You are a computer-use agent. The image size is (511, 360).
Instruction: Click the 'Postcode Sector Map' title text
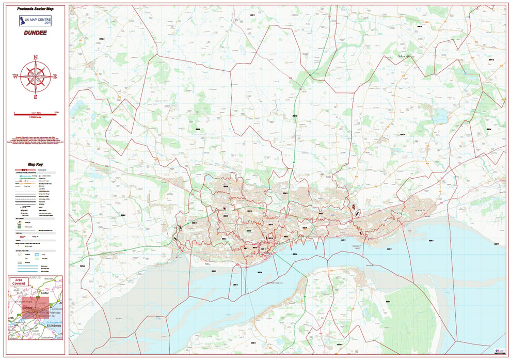tap(35, 9)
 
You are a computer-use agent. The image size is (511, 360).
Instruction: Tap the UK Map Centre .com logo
tap(35, 21)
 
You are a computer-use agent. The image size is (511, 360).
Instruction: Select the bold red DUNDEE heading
tap(35, 33)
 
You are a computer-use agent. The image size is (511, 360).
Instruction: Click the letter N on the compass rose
tap(35, 57)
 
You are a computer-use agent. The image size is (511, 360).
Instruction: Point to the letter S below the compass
tap(35, 97)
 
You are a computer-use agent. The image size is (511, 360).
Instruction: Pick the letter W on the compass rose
tap(15, 76)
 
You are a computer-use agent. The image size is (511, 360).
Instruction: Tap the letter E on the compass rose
tap(55, 76)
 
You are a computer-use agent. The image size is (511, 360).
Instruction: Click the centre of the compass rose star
tap(35, 76)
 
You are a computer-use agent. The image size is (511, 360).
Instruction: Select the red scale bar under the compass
tap(35, 112)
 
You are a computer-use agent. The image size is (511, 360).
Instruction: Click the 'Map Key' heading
tap(35, 164)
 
